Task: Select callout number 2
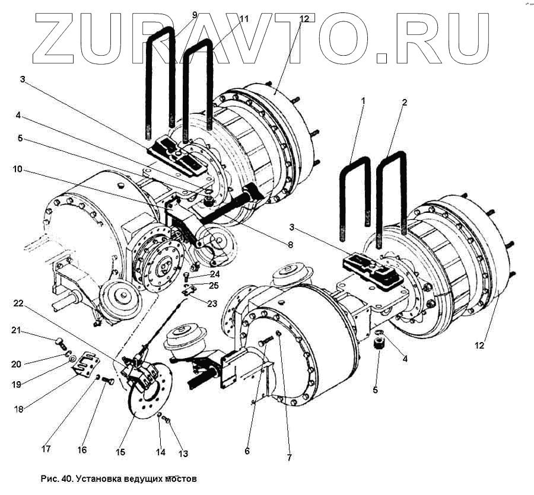coord(404,102)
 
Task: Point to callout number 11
coord(244,19)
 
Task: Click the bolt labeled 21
coord(59,341)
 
